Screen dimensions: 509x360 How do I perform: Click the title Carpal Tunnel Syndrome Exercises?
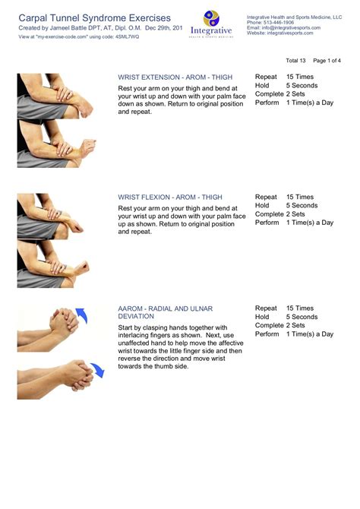click(x=94, y=17)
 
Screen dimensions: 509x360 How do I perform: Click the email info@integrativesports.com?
click(x=292, y=28)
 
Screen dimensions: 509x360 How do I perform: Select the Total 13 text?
click(x=295, y=60)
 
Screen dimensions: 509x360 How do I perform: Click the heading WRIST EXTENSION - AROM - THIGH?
click(x=175, y=77)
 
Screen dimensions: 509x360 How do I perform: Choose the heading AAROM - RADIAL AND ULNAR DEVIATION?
click(x=166, y=308)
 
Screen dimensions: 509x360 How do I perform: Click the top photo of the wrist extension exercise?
click(x=55, y=96)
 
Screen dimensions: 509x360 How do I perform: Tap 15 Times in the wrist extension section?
click(x=299, y=77)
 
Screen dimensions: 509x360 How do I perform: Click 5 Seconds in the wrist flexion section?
click(x=302, y=205)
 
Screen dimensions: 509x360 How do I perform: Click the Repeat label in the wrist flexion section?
click(x=266, y=197)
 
